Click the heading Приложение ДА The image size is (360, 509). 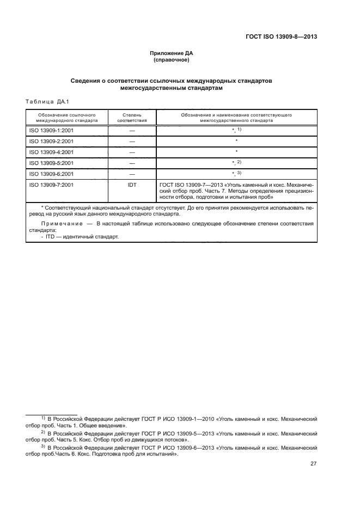(172, 53)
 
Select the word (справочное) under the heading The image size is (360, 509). (172, 60)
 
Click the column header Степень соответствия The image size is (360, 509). (132, 118)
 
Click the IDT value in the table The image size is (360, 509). (132, 185)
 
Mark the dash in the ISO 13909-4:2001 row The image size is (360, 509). (132, 152)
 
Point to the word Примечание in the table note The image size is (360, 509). (60, 224)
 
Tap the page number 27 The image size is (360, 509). (313, 464)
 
